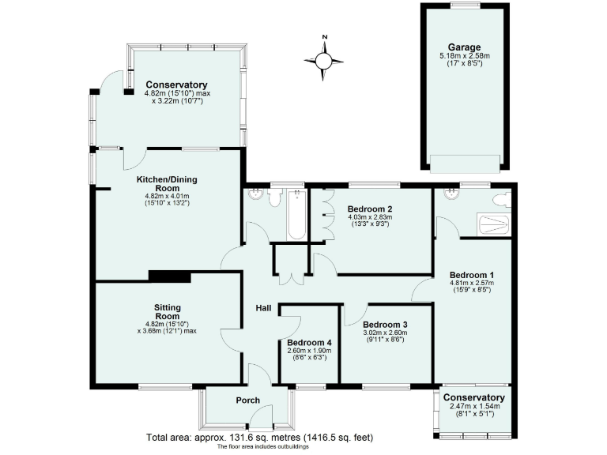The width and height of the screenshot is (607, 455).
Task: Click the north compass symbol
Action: coord(324,58)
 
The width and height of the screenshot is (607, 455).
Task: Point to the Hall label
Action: coord(264,308)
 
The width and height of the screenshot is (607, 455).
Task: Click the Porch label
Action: coord(248,400)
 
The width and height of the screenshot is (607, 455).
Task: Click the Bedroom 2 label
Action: coord(370,209)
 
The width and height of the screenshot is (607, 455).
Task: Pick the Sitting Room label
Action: coord(168,312)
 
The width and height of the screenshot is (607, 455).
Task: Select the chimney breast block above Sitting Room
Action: coord(170,276)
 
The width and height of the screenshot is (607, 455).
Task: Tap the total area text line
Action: coord(260,437)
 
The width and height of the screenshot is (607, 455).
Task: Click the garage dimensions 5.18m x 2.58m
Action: coord(464,56)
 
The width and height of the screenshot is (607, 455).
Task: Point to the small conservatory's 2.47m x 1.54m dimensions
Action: coord(473,407)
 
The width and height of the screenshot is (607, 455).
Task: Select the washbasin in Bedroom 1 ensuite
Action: coord(451,195)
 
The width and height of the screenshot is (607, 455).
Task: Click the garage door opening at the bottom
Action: coord(465,164)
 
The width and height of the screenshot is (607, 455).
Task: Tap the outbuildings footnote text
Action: coord(260,447)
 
